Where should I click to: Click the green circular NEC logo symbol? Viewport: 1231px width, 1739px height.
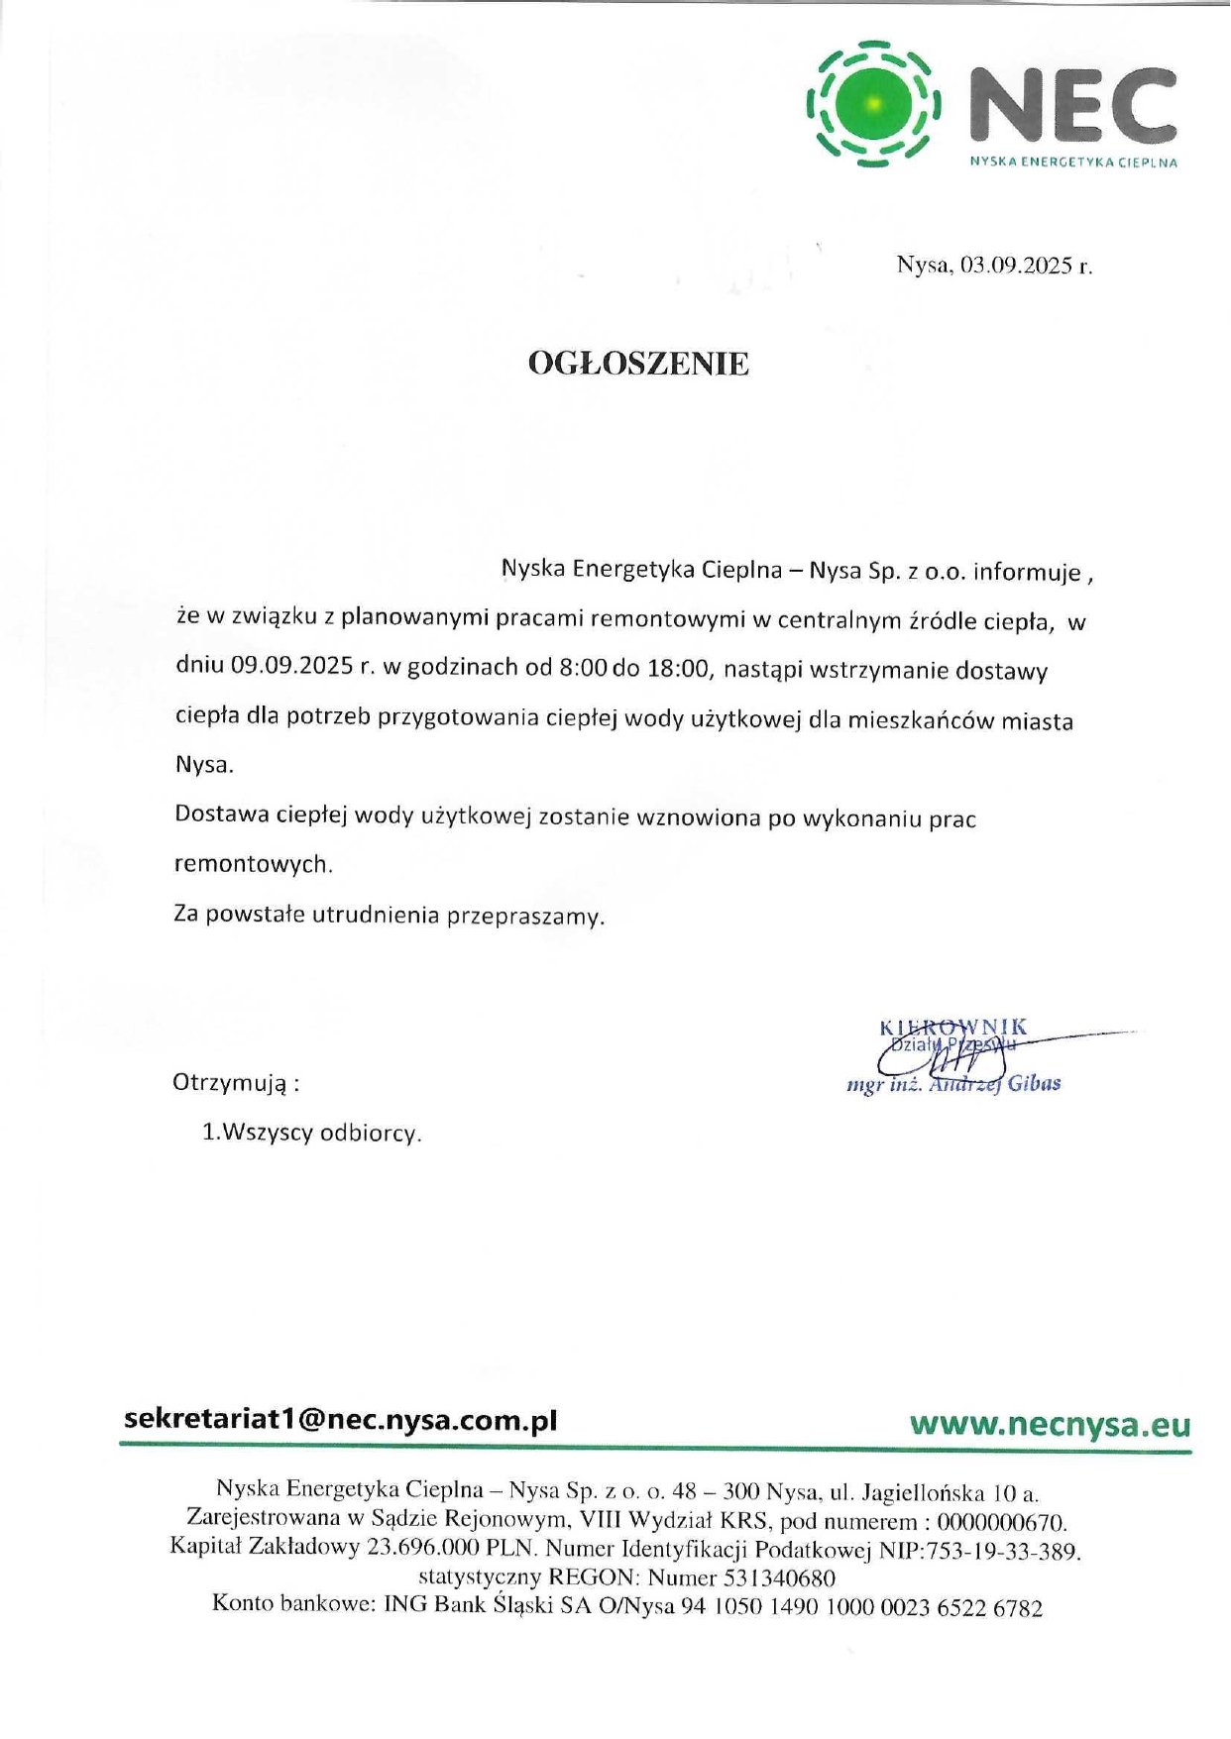pyautogui.click(x=873, y=103)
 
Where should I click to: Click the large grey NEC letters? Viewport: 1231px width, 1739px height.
pyautogui.click(x=1070, y=105)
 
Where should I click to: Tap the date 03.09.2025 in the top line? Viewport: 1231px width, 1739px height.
pyautogui.click(x=1017, y=266)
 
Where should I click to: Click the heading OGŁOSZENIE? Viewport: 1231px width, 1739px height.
pyautogui.click(x=638, y=364)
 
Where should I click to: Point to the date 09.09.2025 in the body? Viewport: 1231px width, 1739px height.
pyautogui.click(x=292, y=666)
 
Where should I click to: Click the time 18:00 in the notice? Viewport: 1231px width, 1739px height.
pyautogui.click(x=679, y=669)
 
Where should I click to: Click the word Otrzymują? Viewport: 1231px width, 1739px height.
pyautogui.click(x=230, y=1082)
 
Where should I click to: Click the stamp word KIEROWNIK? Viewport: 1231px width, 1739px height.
pyautogui.click(x=952, y=1027)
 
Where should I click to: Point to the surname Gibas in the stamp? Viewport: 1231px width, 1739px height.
pyautogui.click(x=1035, y=1083)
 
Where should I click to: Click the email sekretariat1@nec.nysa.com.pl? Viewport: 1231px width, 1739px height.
pyautogui.click(x=340, y=1420)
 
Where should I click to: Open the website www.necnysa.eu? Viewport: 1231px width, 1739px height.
pyautogui.click(x=1050, y=1425)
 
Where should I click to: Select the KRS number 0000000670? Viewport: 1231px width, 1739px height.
pyautogui.click(x=1000, y=1522)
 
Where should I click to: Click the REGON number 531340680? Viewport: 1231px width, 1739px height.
pyautogui.click(x=779, y=1578)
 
